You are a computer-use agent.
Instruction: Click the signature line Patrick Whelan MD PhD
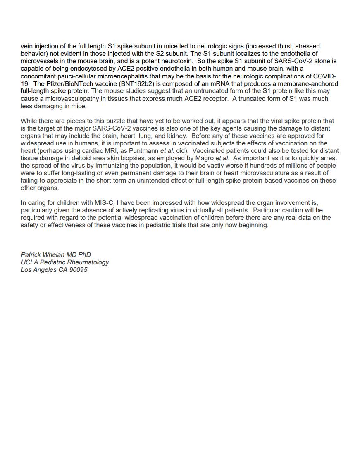56,255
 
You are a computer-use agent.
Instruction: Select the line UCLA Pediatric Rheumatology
65,262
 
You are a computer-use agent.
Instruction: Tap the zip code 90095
78,270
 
